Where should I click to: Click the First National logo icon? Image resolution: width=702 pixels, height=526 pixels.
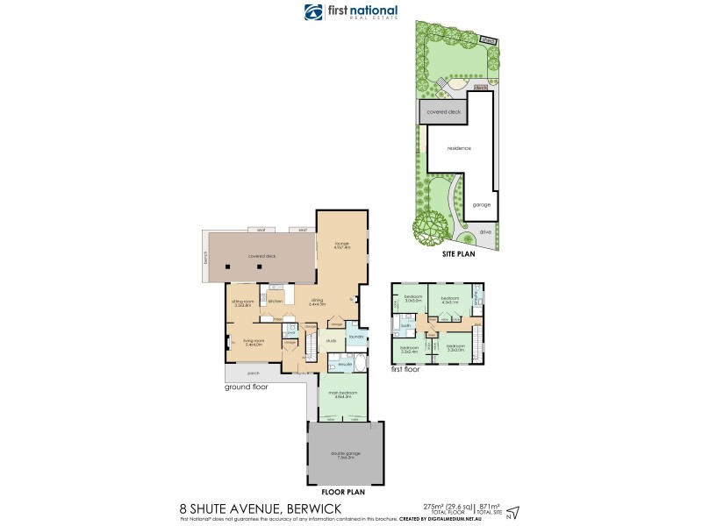point(313,11)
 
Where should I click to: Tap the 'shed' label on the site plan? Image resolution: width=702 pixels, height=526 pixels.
point(480,88)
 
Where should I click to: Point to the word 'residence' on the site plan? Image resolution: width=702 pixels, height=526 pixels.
point(459,148)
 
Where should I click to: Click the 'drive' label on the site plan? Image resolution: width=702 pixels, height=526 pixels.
point(484,232)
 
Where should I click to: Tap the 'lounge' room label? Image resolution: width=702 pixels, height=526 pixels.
point(342,245)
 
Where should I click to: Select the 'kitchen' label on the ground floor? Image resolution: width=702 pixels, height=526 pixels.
point(275,301)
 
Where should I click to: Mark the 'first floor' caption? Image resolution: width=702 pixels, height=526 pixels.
point(405,369)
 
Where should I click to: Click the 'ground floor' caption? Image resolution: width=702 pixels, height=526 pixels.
point(247,386)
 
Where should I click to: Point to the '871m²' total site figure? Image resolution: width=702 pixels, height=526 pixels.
point(488,507)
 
